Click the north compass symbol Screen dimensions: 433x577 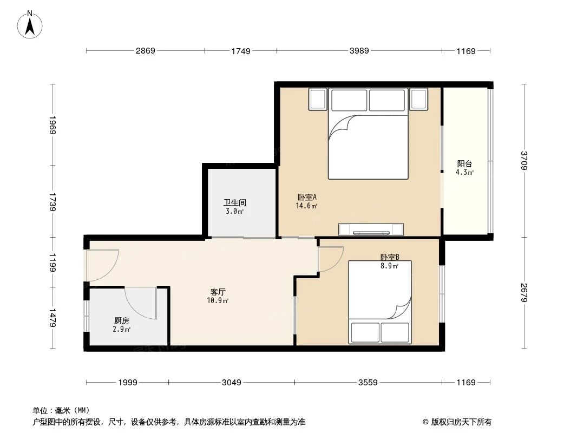31,24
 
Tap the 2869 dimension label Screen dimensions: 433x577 145,51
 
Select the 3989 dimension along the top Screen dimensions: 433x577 359,51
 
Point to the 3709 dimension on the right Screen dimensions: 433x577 523,161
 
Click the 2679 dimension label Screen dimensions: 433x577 523,293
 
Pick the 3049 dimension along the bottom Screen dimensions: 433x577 231,383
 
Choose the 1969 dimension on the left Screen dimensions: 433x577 53,125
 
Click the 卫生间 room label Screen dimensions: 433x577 235,203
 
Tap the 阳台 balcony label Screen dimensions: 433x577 464,164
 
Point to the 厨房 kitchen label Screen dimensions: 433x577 122,320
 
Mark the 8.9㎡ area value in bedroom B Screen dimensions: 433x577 390,266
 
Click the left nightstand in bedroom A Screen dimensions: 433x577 318,99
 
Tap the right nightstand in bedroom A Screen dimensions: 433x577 418,99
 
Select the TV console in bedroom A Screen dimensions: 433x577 371,229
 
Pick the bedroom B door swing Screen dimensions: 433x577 331,259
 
